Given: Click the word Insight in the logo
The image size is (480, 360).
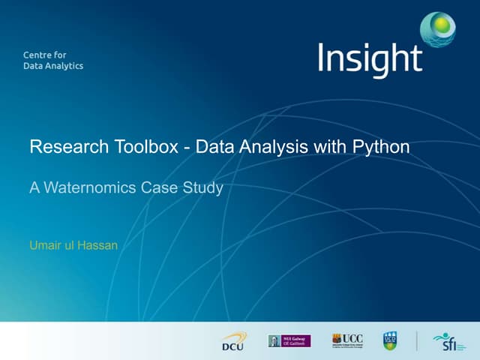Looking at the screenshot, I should pos(370,59).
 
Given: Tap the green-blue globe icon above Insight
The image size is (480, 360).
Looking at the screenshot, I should pos(438,28).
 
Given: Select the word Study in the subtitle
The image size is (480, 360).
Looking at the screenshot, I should pos(202,187).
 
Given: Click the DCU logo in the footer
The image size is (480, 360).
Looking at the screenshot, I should pos(232,342).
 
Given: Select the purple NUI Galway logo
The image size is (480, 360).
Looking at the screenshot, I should pos(289,341).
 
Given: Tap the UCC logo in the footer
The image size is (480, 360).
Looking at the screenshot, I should pos(346,340).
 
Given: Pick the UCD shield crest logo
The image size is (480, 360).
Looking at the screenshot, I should pos(390,341).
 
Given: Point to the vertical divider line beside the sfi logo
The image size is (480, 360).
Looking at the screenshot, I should pos(418,341).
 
